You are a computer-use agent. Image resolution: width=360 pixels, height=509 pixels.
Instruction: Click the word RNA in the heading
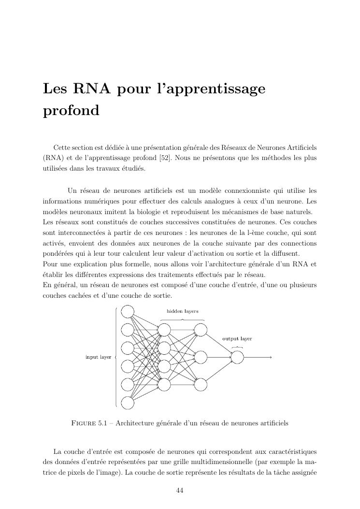(91, 89)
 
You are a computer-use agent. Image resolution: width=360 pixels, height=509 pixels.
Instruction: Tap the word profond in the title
(71, 111)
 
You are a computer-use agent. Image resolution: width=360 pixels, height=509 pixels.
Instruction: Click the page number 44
(180, 491)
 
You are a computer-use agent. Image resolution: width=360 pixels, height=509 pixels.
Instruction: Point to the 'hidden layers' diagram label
(182, 311)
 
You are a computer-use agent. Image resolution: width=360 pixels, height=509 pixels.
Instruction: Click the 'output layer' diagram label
(237, 339)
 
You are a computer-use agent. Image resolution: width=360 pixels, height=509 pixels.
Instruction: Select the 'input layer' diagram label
(98, 357)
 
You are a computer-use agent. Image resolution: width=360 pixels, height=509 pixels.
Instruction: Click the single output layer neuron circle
(237, 357)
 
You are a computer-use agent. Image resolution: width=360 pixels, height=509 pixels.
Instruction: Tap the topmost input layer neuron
(128, 311)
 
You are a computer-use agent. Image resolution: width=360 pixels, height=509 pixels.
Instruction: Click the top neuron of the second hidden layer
(201, 330)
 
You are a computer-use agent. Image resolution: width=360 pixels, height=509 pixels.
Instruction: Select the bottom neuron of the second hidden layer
(201, 384)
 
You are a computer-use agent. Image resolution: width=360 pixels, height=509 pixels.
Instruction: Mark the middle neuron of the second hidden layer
(201, 357)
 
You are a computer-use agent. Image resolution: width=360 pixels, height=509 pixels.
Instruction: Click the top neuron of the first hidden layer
(164, 330)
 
